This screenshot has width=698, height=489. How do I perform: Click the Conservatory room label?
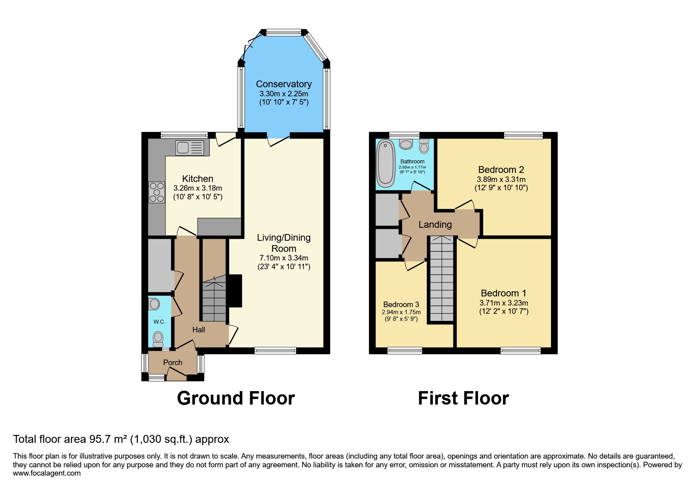click(x=283, y=84)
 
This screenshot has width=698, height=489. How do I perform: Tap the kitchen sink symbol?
click(x=190, y=148)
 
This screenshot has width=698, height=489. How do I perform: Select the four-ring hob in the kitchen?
click(x=156, y=192)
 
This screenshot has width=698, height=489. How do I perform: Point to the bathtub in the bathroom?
click(x=385, y=164)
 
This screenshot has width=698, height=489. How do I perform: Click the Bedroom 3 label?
click(x=401, y=304)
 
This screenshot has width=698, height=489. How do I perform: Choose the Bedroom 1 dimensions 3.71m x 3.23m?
click(x=503, y=303)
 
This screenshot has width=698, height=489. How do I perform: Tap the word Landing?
click(x=435, y=225)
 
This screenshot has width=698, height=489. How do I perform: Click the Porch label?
click(x=173, y=362)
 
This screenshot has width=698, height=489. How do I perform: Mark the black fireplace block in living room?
click(x=235, y=290)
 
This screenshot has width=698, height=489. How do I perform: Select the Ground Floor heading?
click(x=236, y=398)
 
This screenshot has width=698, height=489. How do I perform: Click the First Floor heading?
click(x=463, y=398)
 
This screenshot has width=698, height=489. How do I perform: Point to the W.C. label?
click(x=159, y=322)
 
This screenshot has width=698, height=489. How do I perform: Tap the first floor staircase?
click(x=442, y=278)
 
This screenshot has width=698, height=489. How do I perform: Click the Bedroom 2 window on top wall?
click(x=523, y=136)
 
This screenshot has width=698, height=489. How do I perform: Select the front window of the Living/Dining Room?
click(x=275, y=350)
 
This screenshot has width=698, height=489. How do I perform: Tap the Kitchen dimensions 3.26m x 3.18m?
click(x=197, y=188)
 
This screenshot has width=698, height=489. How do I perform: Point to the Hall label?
click(x=198, y=330)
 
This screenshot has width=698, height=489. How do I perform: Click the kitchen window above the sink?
click(x=184, y=135)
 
